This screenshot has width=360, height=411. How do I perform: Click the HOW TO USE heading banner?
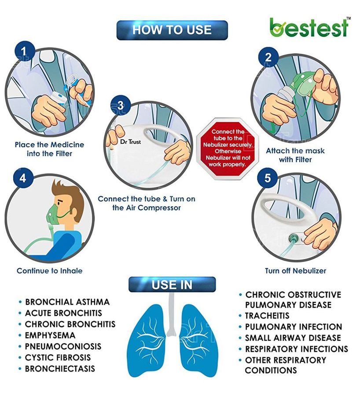[x=172, y=30]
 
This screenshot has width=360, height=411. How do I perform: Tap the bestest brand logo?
[x=310, y=27]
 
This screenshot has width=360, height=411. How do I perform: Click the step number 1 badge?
[x=24, y=51]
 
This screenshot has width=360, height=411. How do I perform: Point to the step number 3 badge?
[x=120, y=105]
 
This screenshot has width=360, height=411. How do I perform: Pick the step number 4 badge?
[x=23, y=178]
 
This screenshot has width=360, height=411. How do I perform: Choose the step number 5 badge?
[x=267, y=178]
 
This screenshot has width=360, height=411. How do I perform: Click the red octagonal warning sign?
[x=228, y=149]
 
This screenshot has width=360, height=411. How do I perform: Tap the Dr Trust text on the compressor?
[x=130, y=142]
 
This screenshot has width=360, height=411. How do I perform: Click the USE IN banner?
[x=172, y=285]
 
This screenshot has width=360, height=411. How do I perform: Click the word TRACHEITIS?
[x=267, y=316]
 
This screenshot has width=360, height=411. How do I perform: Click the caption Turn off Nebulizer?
[x=295, y=271]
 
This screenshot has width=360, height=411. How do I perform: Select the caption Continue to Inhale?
[x=50, y=271]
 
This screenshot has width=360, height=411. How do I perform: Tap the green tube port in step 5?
[x=294, y=238]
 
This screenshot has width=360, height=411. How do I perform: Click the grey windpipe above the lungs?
[x=171, y=315]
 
